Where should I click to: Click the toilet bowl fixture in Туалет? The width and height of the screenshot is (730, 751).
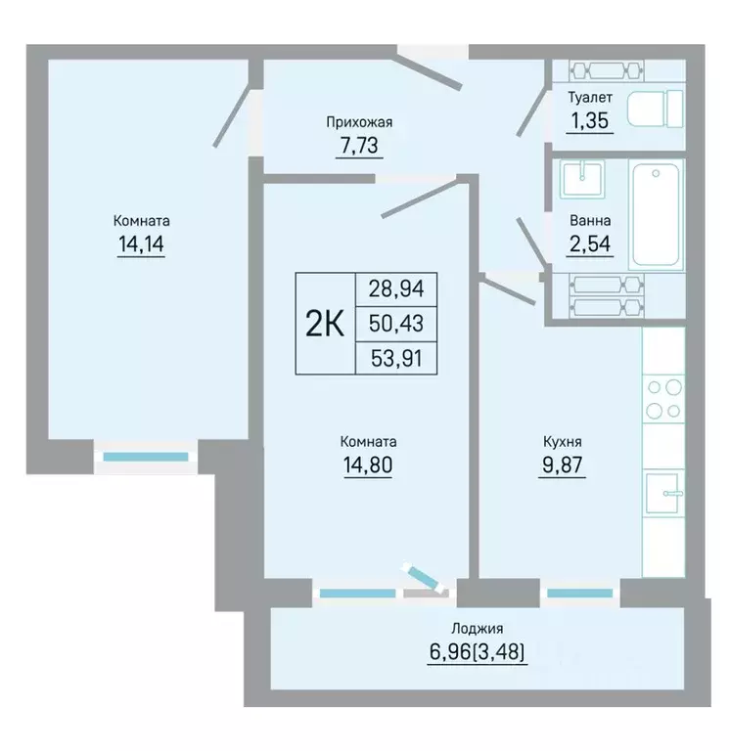click(656, 109)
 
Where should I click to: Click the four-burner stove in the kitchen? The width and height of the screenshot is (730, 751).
click(663, 399)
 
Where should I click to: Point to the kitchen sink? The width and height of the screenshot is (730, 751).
click(662, 493)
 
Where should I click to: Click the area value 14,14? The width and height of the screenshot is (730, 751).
click(141, 244)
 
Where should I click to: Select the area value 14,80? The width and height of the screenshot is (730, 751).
click(368, 464)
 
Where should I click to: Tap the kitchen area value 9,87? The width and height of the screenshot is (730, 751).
click(563, 464)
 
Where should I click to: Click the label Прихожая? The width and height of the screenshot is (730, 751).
click(359, 122)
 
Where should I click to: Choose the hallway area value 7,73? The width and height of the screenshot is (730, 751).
click(359, 145)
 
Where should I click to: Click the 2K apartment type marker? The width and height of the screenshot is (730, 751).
click(325, 324)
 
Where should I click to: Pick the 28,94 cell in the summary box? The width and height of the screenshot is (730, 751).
click(396, 288)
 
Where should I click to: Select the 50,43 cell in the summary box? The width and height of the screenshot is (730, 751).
click(396, 324)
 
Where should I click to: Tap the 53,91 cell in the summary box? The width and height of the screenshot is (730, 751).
click(396, 358)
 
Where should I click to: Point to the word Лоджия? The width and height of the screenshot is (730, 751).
click(478, 628)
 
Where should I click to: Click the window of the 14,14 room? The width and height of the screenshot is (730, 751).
click(146, 457)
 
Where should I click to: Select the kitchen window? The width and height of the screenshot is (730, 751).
click(580, 594)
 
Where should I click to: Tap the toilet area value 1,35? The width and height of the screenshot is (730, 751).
click(589, 120)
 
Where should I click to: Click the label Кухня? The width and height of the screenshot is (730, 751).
click(563, 442)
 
